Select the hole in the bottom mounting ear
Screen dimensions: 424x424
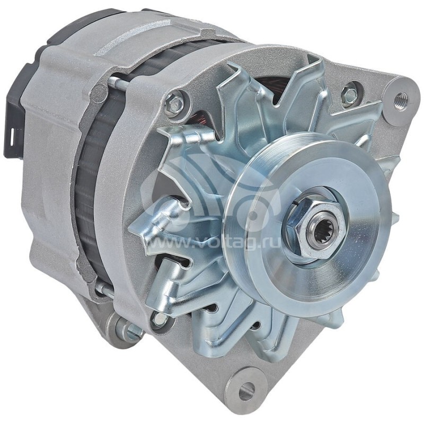click(246, 392)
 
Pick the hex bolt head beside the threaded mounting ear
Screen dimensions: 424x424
click(349, 95)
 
